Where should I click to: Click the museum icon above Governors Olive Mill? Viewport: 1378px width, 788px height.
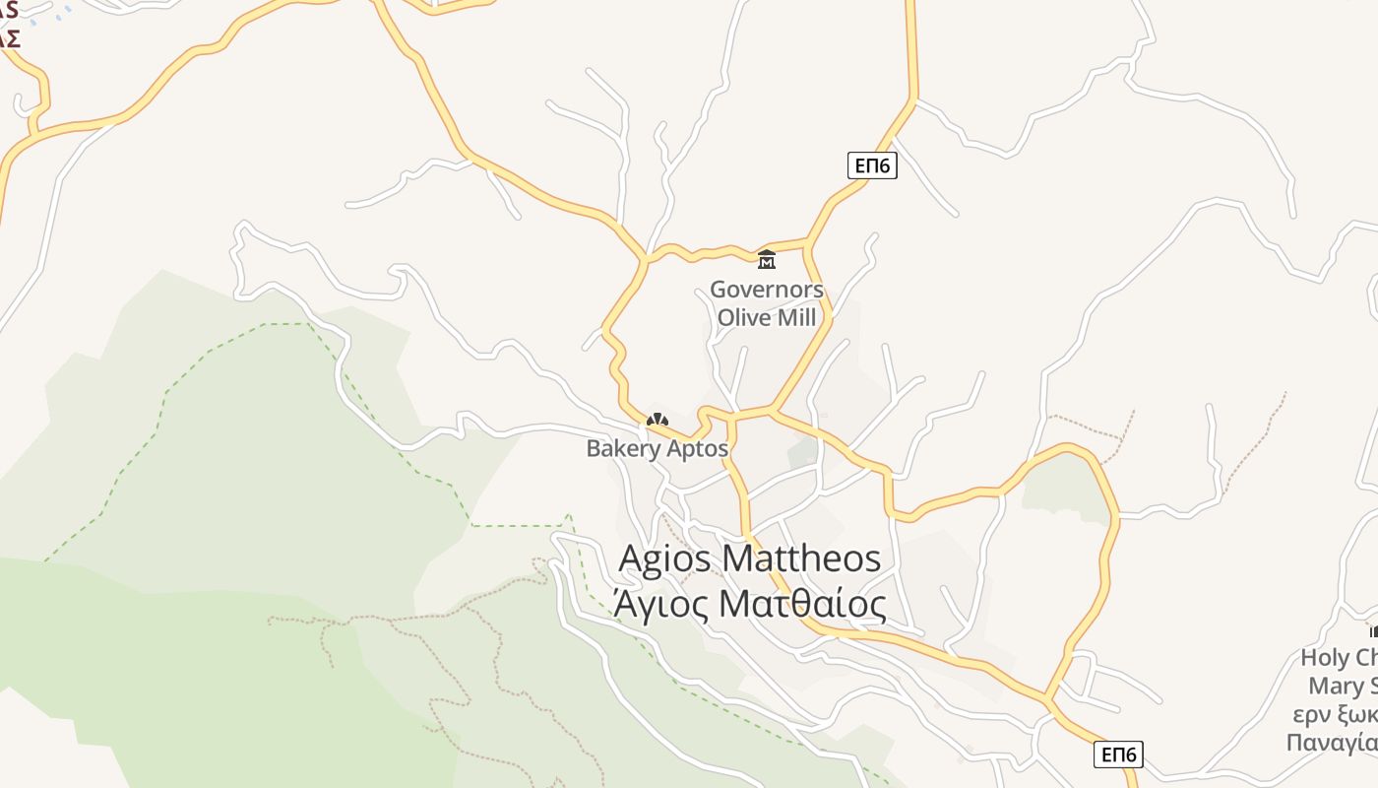767,260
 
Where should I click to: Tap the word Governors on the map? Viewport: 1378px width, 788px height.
767,290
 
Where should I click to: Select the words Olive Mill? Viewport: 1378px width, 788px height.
767,317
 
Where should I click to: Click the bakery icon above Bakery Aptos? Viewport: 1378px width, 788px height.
657,421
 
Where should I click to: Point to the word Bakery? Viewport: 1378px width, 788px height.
623,449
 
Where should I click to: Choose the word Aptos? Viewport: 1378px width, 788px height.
698,449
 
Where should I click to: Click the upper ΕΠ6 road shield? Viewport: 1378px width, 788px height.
872,165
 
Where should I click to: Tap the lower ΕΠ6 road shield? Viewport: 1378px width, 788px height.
1118,755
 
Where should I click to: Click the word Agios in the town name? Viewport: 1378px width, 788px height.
666,558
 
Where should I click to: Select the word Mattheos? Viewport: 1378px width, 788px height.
801,558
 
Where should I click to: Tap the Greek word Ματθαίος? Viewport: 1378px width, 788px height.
803,604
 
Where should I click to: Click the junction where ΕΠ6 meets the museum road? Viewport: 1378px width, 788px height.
807,241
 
